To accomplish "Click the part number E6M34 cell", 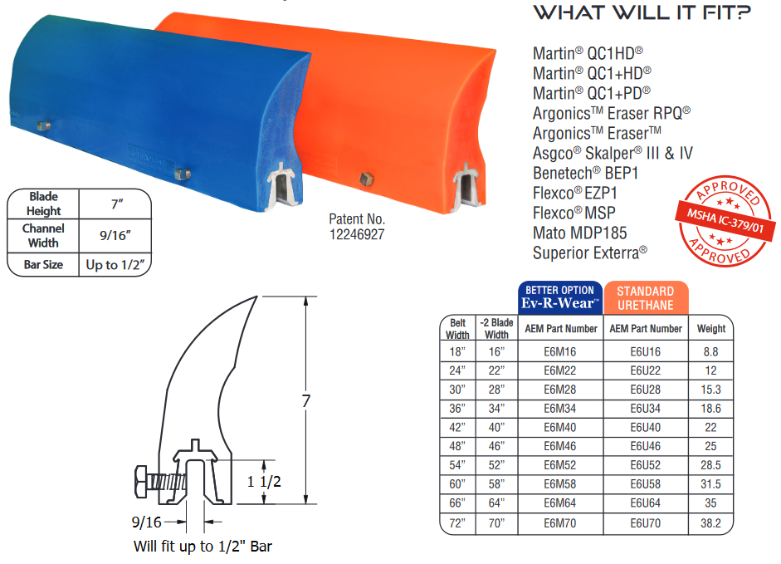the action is (x=560, y=409).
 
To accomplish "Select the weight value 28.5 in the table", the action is (x=710, y=465).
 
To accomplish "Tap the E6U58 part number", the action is (x=646, y=484).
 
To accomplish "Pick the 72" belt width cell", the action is (x=457, y=523).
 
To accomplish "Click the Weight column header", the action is (x=711, y=329).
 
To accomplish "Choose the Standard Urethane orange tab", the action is (x=646, y=297).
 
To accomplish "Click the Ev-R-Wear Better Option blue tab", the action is (x=560, y=297).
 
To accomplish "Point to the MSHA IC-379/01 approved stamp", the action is (x=725, y=221).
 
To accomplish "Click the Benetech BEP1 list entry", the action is (x=585, y=173).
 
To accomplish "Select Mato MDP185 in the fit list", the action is (x=580, y=233).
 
